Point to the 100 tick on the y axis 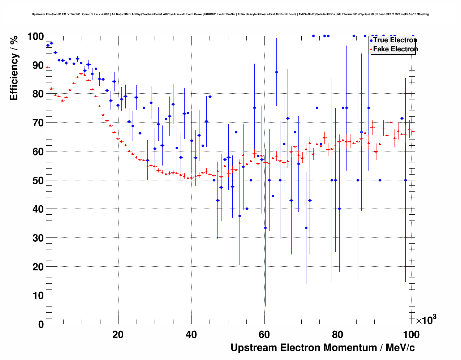click(x=36, y=37)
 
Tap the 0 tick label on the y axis click(x=41, y=324)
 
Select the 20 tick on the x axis click(x=118, y=335)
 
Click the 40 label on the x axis click(x=191, y=335)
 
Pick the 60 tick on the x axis click(x=264, y=335)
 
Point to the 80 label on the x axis click(x=338, y=335)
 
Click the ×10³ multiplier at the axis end click(x=426, y=320)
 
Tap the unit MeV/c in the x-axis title click(x=400, y=348)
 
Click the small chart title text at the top click(x=230, y=14)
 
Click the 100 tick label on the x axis click(x=411, y=335)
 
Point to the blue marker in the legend click(x=371, y=40)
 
